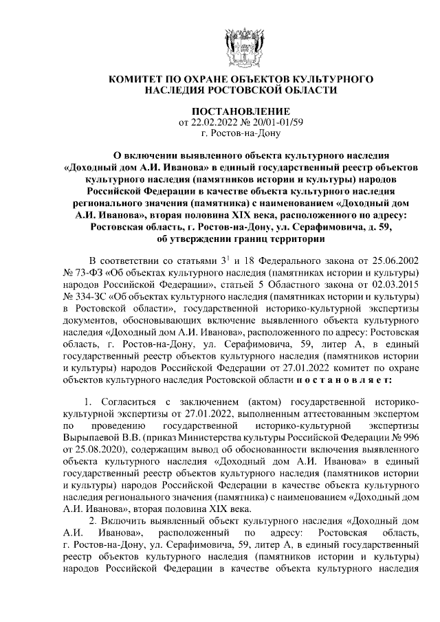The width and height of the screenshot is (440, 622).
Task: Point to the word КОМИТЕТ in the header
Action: [134, 80]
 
